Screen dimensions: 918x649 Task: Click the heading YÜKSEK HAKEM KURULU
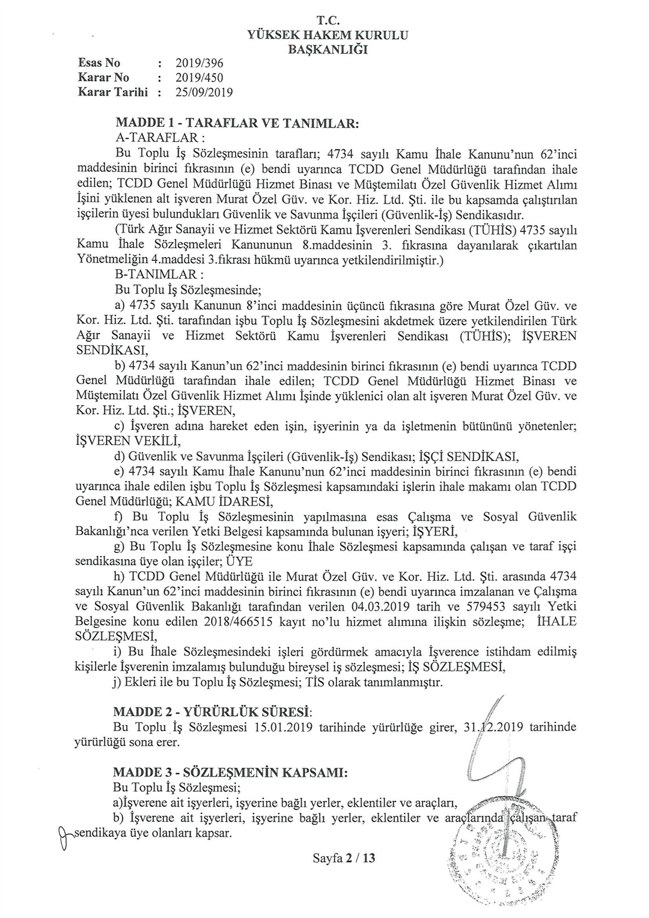(x=328, y=35)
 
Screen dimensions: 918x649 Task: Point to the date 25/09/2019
(x=204, y=93)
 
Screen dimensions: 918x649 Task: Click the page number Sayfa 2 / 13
(x=344, y=858)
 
